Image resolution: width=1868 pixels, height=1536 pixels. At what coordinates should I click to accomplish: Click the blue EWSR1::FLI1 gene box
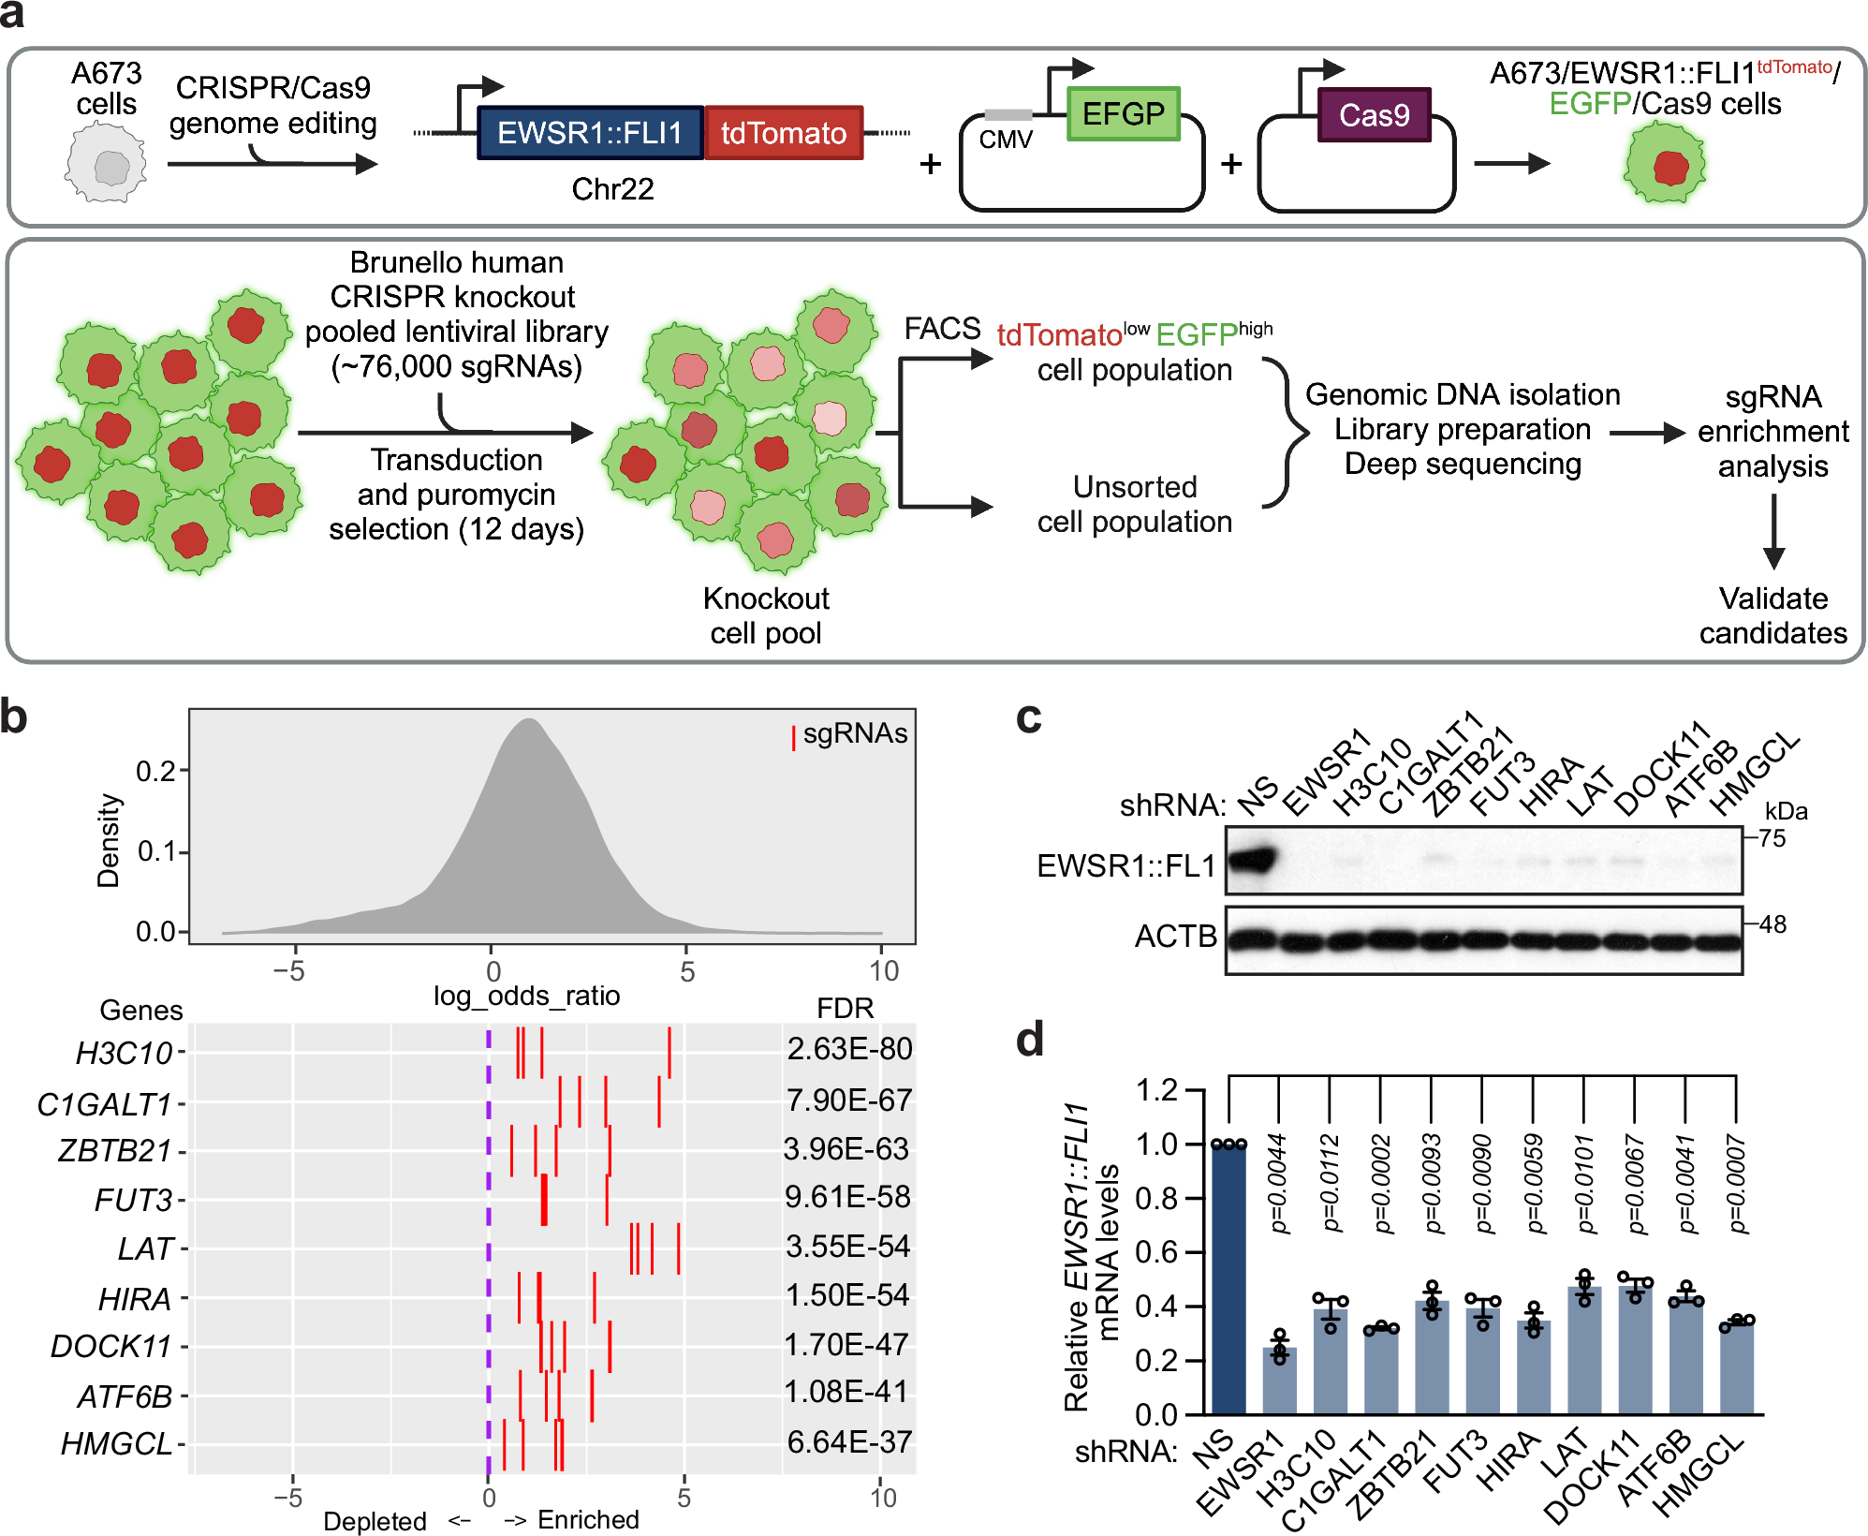(590, 133)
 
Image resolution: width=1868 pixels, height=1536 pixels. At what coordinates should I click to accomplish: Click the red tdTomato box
(784, 133)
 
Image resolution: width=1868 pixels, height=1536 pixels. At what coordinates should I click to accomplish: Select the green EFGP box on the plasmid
(1123, 113)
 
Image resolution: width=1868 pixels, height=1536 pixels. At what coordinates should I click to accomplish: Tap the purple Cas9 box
(1374, 115)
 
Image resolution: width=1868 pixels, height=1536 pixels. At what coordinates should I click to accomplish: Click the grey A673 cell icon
(106, 167)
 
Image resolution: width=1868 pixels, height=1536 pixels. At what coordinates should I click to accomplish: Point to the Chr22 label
(612, 189)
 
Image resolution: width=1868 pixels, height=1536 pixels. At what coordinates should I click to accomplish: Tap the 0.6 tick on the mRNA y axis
(1156, 1252)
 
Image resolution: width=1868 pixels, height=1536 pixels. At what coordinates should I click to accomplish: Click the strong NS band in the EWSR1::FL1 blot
(1253, 860)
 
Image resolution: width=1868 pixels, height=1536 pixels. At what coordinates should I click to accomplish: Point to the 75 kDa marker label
(1772, 838)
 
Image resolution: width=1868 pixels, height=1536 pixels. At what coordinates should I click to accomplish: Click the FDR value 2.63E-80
(849, 1049)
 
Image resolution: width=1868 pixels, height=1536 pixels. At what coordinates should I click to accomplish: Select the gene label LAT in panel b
(146, 1248)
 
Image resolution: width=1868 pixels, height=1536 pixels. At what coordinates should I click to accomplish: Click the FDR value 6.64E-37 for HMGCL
(849, 1442)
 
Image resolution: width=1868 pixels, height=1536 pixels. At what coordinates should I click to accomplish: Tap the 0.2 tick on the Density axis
(157, 771)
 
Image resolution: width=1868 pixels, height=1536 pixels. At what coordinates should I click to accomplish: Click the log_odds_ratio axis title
(526, 995)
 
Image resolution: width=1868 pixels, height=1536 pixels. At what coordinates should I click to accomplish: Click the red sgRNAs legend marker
(793, 737)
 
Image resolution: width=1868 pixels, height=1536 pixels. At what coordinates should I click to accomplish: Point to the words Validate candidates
(1772, 615)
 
